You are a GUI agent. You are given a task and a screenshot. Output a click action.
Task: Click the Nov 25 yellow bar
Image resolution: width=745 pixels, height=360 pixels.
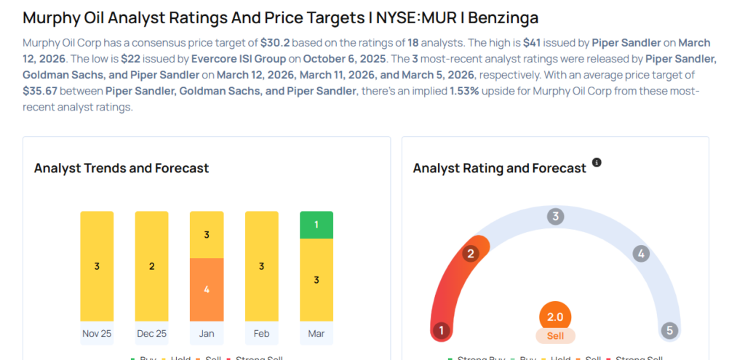tap(97, 266)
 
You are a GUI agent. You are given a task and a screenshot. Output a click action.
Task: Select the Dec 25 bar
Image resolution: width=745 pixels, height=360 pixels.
tap(151, 266)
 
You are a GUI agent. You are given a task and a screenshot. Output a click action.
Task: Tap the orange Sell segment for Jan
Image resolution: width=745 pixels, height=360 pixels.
tap(207, 289)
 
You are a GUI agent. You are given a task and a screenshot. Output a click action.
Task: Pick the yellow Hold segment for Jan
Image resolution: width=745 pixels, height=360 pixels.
tap(207, 234)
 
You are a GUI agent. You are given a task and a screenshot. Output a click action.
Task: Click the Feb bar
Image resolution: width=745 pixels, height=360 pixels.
tap(261, 266)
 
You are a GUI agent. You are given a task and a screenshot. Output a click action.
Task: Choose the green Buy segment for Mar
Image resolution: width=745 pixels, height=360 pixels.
tap(316, 225)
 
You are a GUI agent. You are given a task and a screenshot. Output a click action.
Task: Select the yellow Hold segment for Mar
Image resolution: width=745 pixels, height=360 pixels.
tap(316, 280)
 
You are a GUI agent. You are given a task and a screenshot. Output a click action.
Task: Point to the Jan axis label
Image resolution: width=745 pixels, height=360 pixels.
tap(207, 334)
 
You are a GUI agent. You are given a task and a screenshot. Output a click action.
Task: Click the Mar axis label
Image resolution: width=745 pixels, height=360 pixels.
tap(316, 334)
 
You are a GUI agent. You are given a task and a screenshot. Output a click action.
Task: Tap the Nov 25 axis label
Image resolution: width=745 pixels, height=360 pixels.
tap(97, 334)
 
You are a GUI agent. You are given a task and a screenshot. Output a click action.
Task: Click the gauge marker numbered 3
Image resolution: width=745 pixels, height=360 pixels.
tap(556, 216)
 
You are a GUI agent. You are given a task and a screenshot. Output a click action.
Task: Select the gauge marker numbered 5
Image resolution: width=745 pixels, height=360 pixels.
tap(669, 331)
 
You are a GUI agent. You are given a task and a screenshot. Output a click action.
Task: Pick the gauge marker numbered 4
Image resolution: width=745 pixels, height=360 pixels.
tap(641, 254)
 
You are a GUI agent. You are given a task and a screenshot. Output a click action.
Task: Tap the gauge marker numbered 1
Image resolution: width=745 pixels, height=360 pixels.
tap(440, 331)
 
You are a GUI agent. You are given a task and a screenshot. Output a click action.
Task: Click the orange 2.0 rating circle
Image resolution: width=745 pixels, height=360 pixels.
tap(555, 317)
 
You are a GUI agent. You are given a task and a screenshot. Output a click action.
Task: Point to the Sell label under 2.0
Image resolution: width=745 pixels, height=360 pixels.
tap(555, 336)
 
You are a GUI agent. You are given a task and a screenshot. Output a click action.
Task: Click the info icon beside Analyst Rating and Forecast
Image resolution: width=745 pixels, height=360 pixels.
tap(597, 162)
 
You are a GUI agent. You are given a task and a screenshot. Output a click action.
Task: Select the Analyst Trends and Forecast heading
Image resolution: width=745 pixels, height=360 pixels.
tap(121, 168)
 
